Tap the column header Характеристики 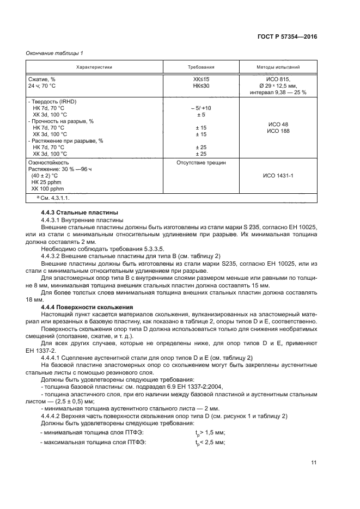tap(94, 68)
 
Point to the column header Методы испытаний tap(278, 68)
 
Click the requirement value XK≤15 tap(201, 79)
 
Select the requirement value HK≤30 tap(201, 86)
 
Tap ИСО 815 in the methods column tap(278, 79)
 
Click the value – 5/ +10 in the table tap(201, 108)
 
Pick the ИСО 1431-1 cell tap(278, 176)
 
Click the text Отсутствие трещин tap(201, 162)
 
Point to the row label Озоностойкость tap(48, 162)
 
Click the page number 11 tap(314, 463)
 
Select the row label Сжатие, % tap(41, 79)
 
